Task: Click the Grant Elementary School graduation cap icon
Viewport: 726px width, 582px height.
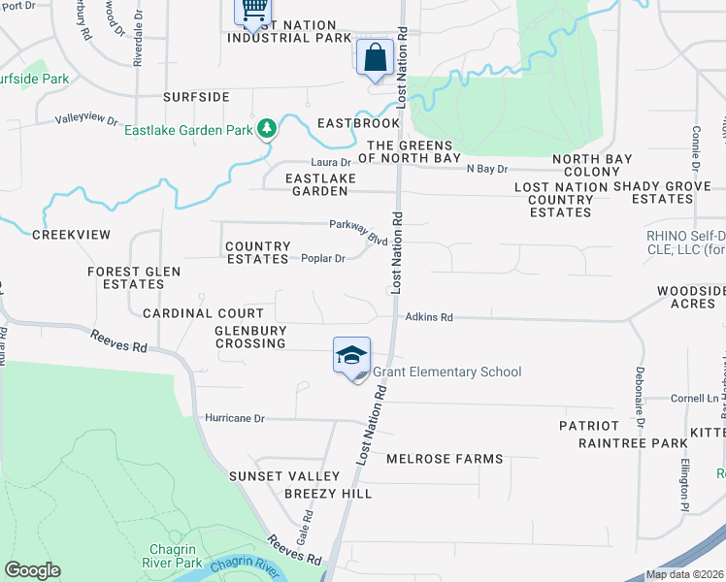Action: point(351,356)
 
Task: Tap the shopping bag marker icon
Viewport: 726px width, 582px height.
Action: point(375,58)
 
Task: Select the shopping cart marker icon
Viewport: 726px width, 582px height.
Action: point(252,10)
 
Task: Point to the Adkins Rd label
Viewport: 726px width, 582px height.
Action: point(429,316)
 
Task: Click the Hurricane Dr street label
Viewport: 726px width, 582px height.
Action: point(235,418)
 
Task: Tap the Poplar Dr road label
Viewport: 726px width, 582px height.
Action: point(323,259)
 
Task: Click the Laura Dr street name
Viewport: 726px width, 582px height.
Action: point(330,162)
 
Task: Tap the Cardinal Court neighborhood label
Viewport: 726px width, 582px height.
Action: point(203,313)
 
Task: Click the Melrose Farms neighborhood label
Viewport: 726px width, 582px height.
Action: point(445,459)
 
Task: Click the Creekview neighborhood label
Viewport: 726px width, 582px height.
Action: point(71,235)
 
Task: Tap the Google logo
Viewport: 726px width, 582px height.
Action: point(32,570)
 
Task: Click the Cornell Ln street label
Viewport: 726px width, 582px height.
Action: point(671,399)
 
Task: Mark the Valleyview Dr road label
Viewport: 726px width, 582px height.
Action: point(86,122)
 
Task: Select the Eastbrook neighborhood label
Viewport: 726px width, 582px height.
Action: point(358,124)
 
